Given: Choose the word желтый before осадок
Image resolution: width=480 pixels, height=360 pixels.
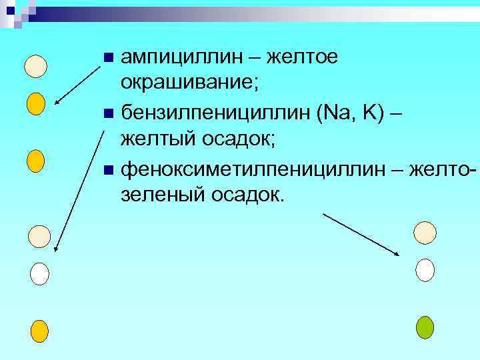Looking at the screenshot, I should pos(158,139).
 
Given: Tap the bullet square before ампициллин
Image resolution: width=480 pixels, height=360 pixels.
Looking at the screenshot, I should pos(109,59).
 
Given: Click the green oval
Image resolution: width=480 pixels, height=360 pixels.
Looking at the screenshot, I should pos(425,327).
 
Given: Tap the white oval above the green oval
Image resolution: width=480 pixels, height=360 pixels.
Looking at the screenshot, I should pos(425,270).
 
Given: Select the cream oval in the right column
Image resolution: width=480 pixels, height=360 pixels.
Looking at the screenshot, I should pos(425,232).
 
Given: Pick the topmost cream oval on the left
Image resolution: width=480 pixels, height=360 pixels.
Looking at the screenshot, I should pos(36,65).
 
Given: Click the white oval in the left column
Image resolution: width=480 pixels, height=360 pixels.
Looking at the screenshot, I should pos(39,273).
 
